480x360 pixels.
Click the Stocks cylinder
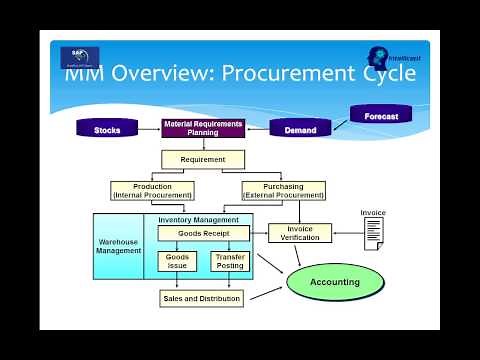(x=107, y=130)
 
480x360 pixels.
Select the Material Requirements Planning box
(x=203, y=129)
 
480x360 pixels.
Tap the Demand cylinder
(x=301, y=130)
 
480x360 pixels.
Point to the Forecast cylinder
(x=381, y=115)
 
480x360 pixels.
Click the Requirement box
(x=203, y=159)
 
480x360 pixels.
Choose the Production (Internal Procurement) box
(x=152, y=190)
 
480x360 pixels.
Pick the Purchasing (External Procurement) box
(x=284, y=190)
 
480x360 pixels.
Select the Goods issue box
(x=178, y=262)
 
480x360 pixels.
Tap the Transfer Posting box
(x=230, y=262)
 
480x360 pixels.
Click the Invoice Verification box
(x=300, y=233)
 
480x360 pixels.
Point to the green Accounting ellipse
(x=335, y=282)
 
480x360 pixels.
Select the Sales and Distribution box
(x=201, y=298)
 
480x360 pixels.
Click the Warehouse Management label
(x=119, y=245)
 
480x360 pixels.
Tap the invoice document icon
(x=373, y=233)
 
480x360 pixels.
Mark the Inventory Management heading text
(x=199, y=219)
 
